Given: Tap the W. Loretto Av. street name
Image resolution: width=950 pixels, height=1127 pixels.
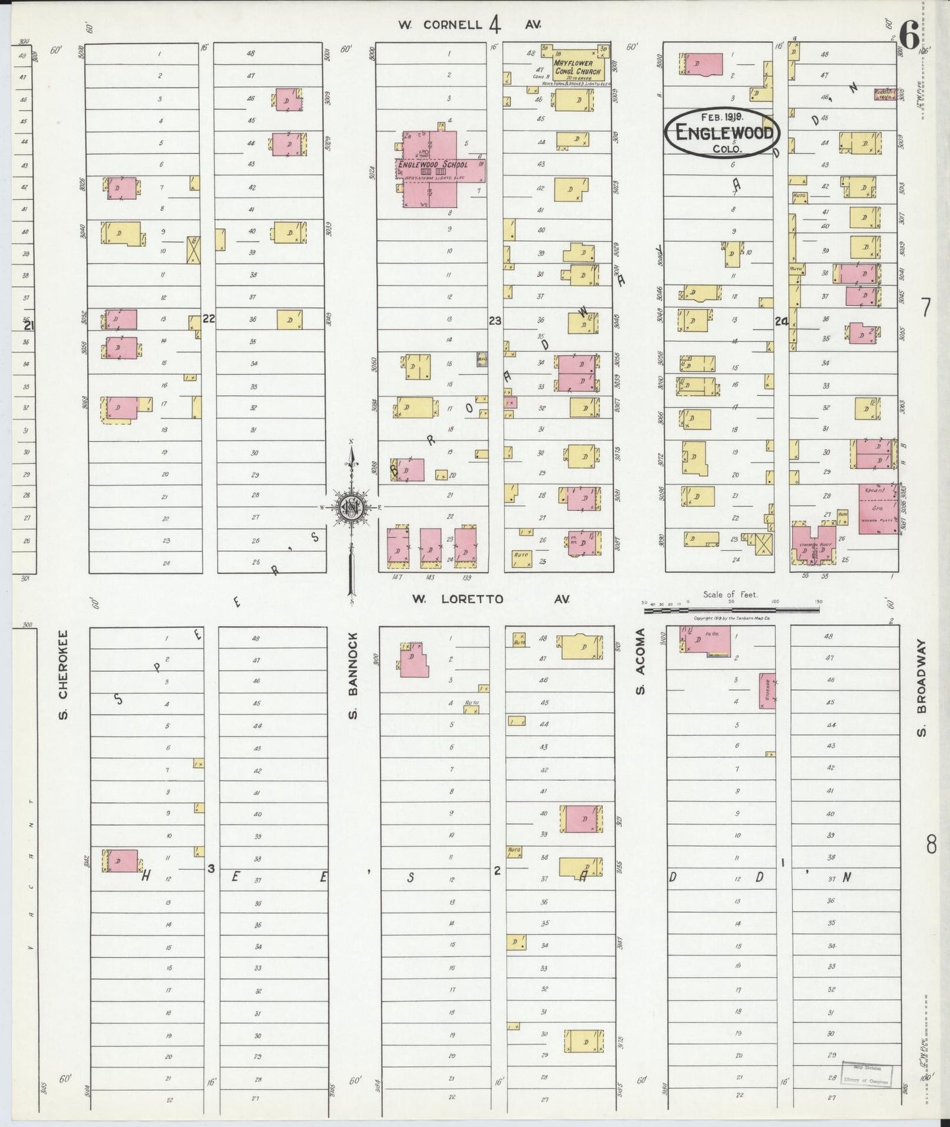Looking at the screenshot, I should [490, 599].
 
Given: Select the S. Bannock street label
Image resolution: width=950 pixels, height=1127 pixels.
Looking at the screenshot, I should [352, 675].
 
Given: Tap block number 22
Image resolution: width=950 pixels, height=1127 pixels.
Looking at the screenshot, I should [209, 319].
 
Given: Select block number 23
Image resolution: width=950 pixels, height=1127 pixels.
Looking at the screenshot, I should [495, 320].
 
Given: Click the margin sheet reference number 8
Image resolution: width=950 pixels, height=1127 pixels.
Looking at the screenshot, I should [930, 844].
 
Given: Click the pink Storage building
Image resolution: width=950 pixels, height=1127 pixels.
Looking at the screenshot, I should [767, 690].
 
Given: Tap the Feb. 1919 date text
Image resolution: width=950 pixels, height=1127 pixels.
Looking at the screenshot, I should [722, 116].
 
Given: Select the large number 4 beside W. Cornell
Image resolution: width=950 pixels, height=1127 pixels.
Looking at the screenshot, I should [494, 25].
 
